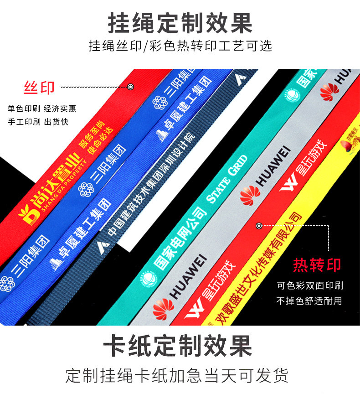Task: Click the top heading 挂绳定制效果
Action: (x=180, y=23)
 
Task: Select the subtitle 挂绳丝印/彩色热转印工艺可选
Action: (x=180, y=46)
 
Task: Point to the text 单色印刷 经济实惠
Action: (x=41, y=109)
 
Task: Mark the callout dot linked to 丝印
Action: (x=130, y=87)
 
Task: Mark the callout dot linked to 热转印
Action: (x=259, y=226)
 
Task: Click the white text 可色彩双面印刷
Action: (x=310, y=286)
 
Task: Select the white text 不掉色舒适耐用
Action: (x=310, y=301)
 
